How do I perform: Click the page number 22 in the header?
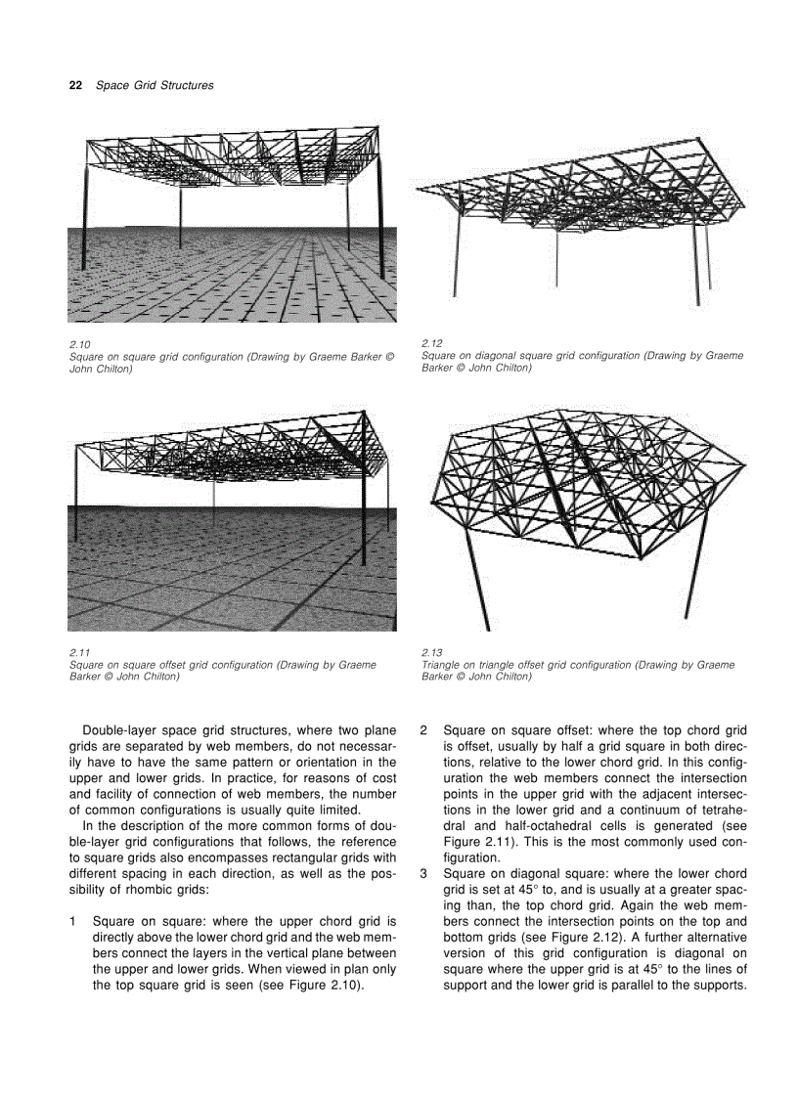pyautogui.click(x=74, y=85)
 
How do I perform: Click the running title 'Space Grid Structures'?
pyautogui.click(x=155, y=85)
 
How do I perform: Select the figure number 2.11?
pyautogui.click(x=79, y=653)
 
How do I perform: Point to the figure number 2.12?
pyautogui.click(x=431, y=344)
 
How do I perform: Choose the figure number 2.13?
pyautogui.click(x=431, y=653)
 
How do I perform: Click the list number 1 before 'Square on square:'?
pyautogui.click(x=73, y=921)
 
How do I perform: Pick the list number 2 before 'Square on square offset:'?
pyautogui.click(x=423, y=730)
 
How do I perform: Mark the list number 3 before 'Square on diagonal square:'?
pyautogui.click(x=423, y=873)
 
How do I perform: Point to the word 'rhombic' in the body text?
pyautogui.click(x=148, y=889)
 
